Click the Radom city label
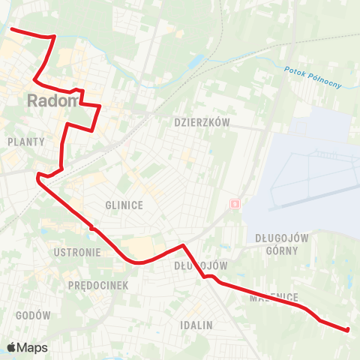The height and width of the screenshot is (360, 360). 52,100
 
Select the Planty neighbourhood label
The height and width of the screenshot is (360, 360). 25,141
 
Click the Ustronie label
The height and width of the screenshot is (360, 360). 77,253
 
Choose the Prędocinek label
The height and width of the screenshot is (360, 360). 98,286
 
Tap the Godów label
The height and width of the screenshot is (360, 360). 32,316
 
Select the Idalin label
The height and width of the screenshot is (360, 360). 196,325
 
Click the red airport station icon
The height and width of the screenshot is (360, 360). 235,203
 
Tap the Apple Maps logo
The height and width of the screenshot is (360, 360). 27,347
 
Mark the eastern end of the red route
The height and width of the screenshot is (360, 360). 348,329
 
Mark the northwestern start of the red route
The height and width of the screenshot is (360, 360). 10,29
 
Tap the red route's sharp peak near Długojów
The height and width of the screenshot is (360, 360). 182,245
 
